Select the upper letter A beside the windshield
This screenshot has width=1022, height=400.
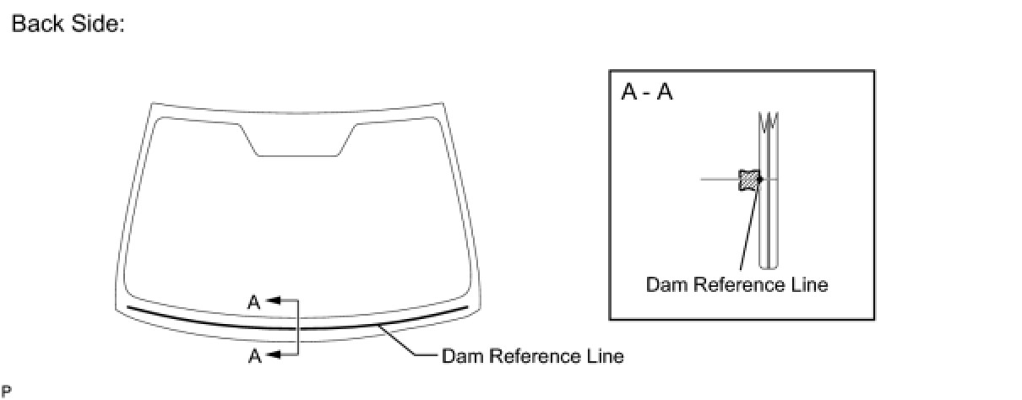point(254,301)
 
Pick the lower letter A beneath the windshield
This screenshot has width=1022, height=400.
point(254,356)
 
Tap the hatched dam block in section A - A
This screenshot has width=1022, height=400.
point(748,179)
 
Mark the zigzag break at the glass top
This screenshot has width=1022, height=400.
point(769,122)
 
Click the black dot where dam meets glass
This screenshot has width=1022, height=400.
point(760,179)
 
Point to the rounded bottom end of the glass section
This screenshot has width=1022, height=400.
point(769,259)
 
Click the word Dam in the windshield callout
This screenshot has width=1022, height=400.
point(461,356)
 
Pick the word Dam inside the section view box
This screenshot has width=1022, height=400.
point(666,284)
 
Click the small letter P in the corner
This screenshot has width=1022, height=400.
point(6,391)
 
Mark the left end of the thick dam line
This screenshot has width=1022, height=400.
point(129,308)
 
